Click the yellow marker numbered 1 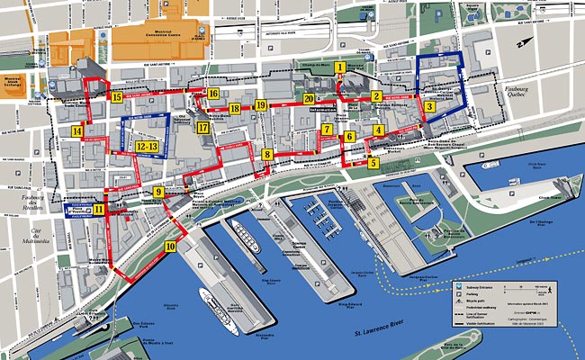339,67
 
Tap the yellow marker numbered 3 430,106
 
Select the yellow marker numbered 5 373,163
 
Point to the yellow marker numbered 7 327,130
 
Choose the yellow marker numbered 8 267,155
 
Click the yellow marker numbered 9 158,192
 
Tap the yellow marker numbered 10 171,246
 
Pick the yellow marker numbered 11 98,209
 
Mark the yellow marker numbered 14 77,132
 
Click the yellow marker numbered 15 116,95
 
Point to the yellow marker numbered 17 203,128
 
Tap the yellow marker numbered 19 260,105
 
